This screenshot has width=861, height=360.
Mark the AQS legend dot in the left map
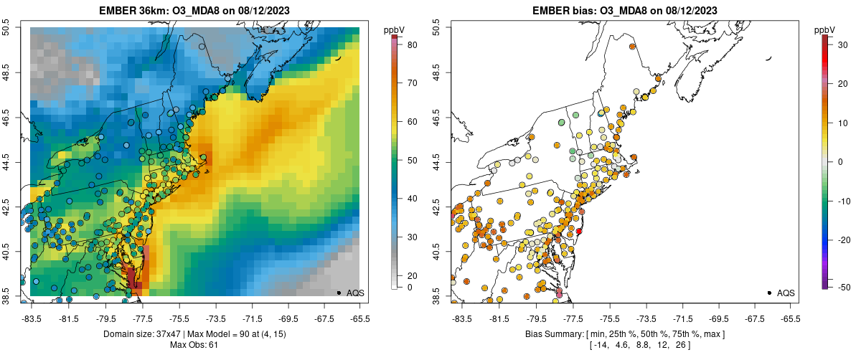pyautogui.click(x=339, y=293)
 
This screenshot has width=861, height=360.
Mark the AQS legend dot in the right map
pyautogui.click(x=769, y=293)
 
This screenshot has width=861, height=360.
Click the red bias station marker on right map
pyautogui.click(x=579, y=231)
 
